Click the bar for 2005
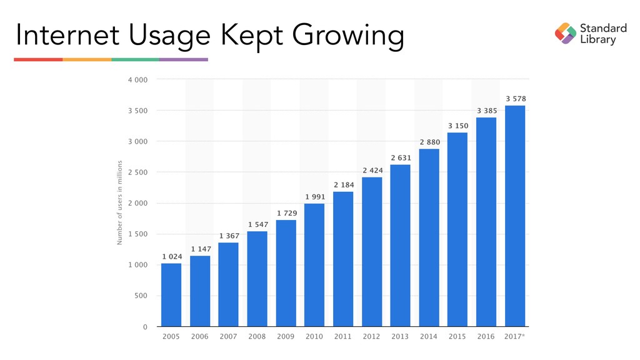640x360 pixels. pos(171,294)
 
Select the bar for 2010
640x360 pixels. pos(314,265)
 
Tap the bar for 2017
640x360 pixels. pos(515,216)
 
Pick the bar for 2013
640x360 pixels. pos(401,245)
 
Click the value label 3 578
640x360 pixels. pos(515,99)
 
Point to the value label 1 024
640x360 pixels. pos(172,256)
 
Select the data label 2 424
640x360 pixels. pos(372,170)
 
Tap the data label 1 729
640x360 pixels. pos(286,213)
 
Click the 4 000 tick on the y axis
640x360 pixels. pos(139,80)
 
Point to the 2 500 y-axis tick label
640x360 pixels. pos(139,172)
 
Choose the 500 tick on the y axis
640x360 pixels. pos(141,296)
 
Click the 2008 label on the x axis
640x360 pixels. pos(257,337)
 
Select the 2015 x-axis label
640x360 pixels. pos(457,337)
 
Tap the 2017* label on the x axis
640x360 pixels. pos(516,337)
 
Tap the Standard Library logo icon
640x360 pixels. pos(566,34)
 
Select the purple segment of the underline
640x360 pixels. pos(184,59)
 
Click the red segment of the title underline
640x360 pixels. pos(38,59)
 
